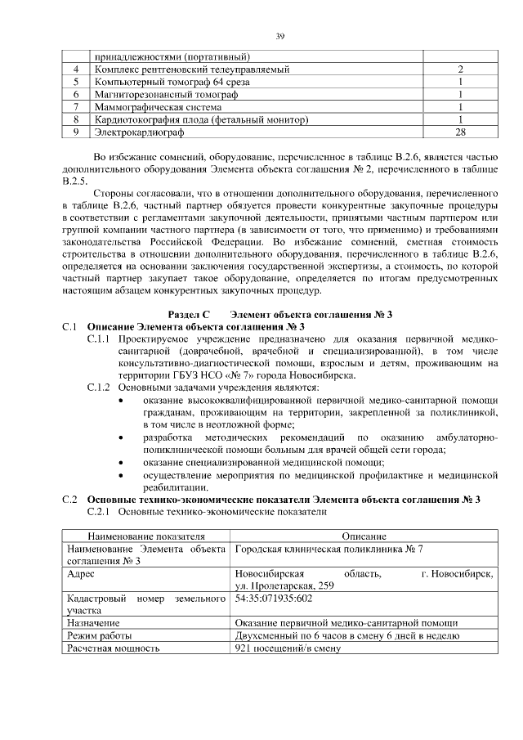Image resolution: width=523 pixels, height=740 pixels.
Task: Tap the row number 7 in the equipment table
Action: point(75,106)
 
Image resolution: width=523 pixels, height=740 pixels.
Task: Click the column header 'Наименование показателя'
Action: point(147,535)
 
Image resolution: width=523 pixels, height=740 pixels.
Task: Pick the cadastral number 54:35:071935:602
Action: point(274,599)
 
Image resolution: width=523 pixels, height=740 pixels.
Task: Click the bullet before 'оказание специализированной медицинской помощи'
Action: point(122,462)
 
